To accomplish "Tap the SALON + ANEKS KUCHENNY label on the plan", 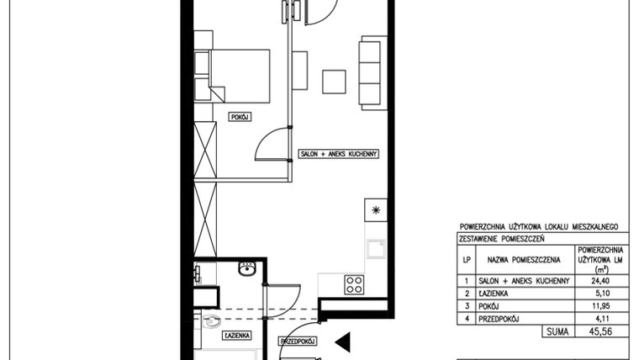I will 341,154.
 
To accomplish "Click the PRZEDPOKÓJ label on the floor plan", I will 297,341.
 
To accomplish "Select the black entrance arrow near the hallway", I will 343,341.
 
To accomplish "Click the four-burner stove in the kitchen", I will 354,283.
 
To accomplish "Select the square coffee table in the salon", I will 335,81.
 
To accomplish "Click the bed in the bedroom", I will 239,76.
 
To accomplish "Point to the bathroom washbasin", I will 247,269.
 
